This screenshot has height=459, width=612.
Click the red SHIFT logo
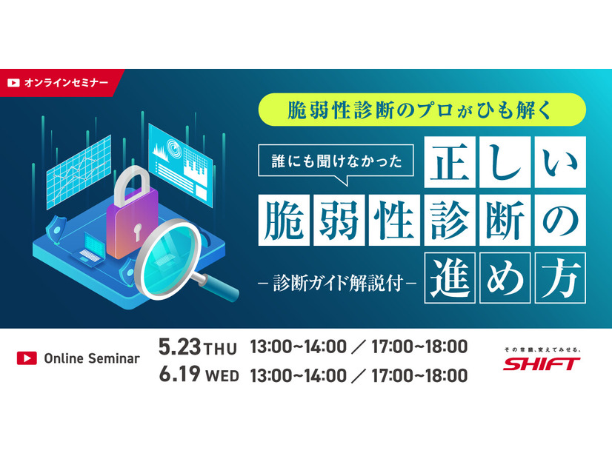coord(541,363)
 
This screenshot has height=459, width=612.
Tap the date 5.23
coord(179,346)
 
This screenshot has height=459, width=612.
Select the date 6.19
coord(179,374)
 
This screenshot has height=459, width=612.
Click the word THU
coord(221,349)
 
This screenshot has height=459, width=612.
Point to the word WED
coord(222,376)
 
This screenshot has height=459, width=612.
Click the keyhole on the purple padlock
coord(137,232)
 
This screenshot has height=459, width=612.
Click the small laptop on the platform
coord(90,250)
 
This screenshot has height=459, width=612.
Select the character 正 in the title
coord(450,162)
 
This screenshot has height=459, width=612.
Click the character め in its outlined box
coord(505,278)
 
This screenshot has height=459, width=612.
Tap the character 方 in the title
coord(560,278)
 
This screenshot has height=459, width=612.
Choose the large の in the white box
coord(560,221)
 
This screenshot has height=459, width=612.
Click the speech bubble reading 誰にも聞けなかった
coord(336,161)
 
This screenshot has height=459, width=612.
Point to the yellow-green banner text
coord(421,110)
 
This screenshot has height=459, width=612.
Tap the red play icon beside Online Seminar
coord(27,358)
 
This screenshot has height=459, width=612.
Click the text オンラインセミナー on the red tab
coord(66,83)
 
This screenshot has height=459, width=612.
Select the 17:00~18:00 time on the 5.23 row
coord(419,346)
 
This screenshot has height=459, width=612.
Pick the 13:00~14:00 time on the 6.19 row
coord(298,375)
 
